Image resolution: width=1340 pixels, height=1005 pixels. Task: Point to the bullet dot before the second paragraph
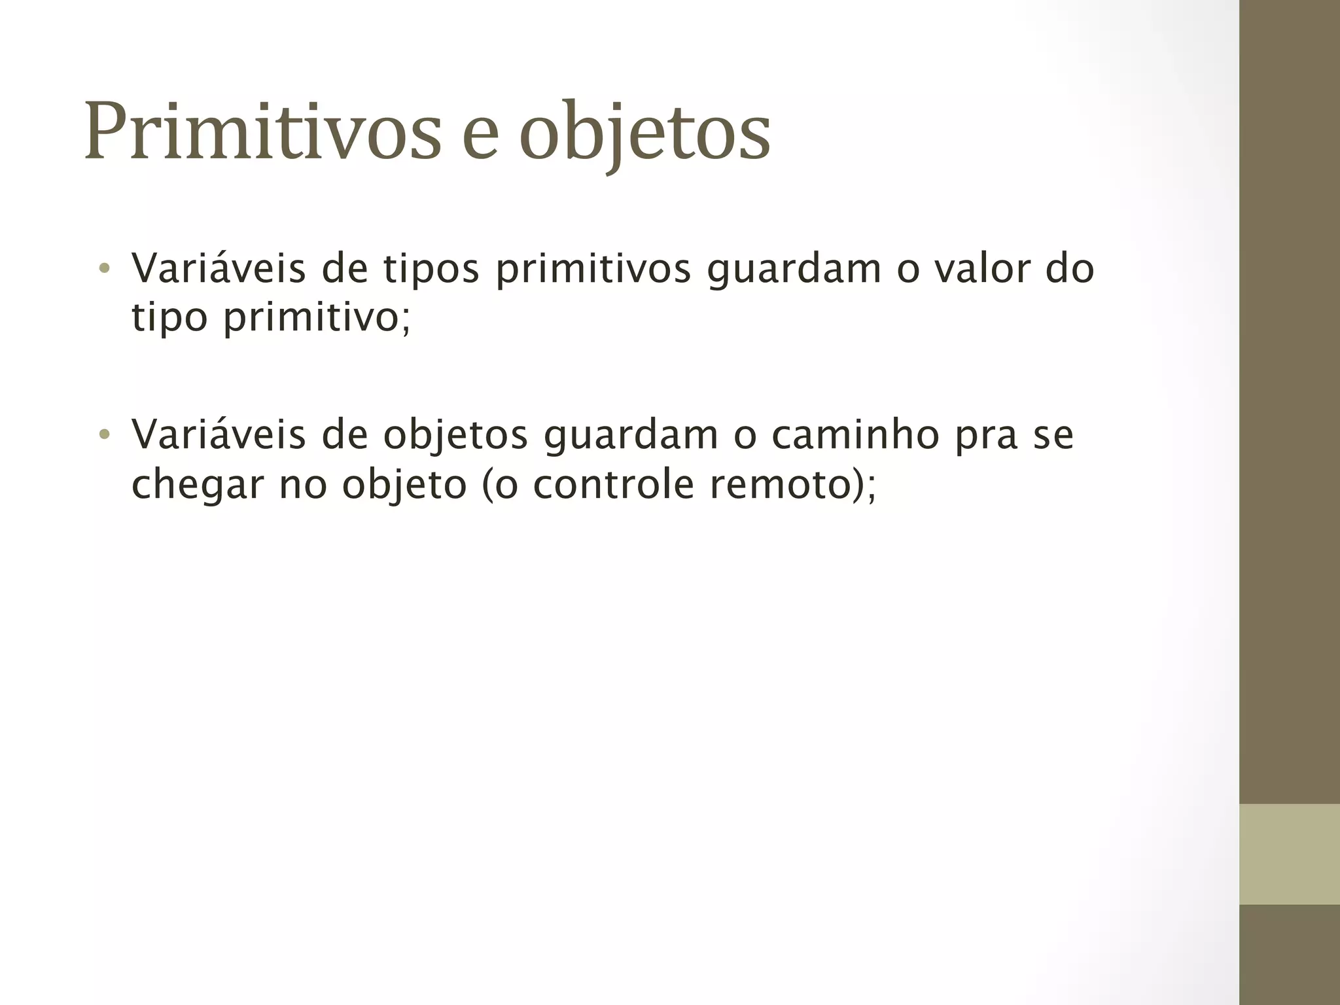[x=103, y=434]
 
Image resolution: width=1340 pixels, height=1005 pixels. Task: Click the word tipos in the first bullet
[x=431, y=269]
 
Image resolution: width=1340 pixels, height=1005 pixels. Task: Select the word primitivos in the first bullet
[x=593, y=269]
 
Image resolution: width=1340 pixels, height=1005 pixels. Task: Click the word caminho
[x=855, y=434]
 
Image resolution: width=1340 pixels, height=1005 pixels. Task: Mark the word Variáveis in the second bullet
[x=219, y=434]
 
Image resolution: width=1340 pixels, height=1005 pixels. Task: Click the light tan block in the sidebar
[x=1289, y=854]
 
